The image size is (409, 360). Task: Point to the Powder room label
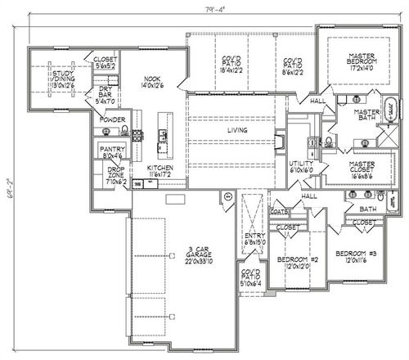pyautogui.click(x=113, y=119)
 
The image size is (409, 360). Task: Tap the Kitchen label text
pyautogui.click(x=160, y=169)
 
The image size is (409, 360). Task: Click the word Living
pyautogui.click(x=236, y=129)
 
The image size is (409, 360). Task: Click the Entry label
pyautogui.click(x=251, y=238)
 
